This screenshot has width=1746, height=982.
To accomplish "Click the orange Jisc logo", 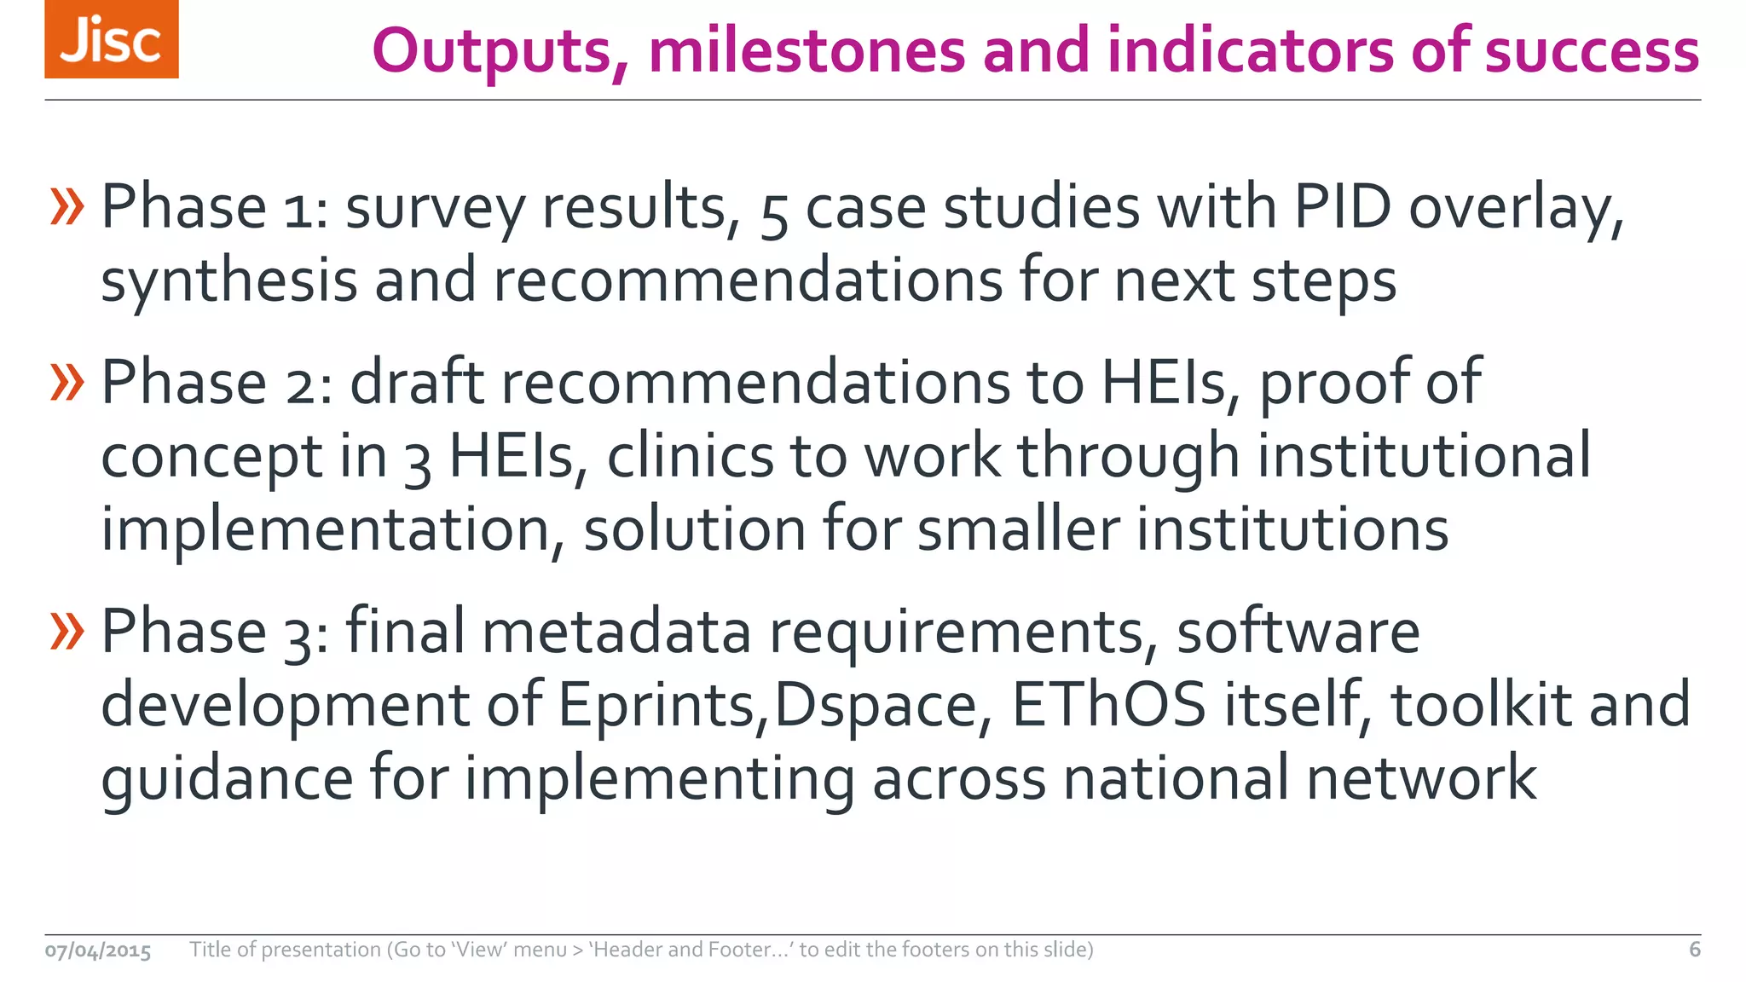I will tap(112, 39).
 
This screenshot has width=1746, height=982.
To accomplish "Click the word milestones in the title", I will tap(807, 50).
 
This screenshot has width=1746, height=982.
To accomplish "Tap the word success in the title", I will tap(1592, 50).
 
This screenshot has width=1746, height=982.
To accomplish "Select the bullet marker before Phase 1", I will tap(67, 207).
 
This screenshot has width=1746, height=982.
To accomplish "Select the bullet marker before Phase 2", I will tap(67, 382).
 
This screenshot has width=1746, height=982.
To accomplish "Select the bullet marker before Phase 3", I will tap(67, 632).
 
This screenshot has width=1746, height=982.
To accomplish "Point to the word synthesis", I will tap(228, 281).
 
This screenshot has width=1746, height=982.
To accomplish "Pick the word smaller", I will tap(1018, 529).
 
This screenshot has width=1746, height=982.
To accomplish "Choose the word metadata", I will tap(616, 632).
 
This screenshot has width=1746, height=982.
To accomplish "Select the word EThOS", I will tap(1108, 704).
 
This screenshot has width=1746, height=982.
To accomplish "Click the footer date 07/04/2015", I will tap(98, 950).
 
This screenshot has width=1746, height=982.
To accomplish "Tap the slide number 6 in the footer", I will tap(1694, 950).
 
